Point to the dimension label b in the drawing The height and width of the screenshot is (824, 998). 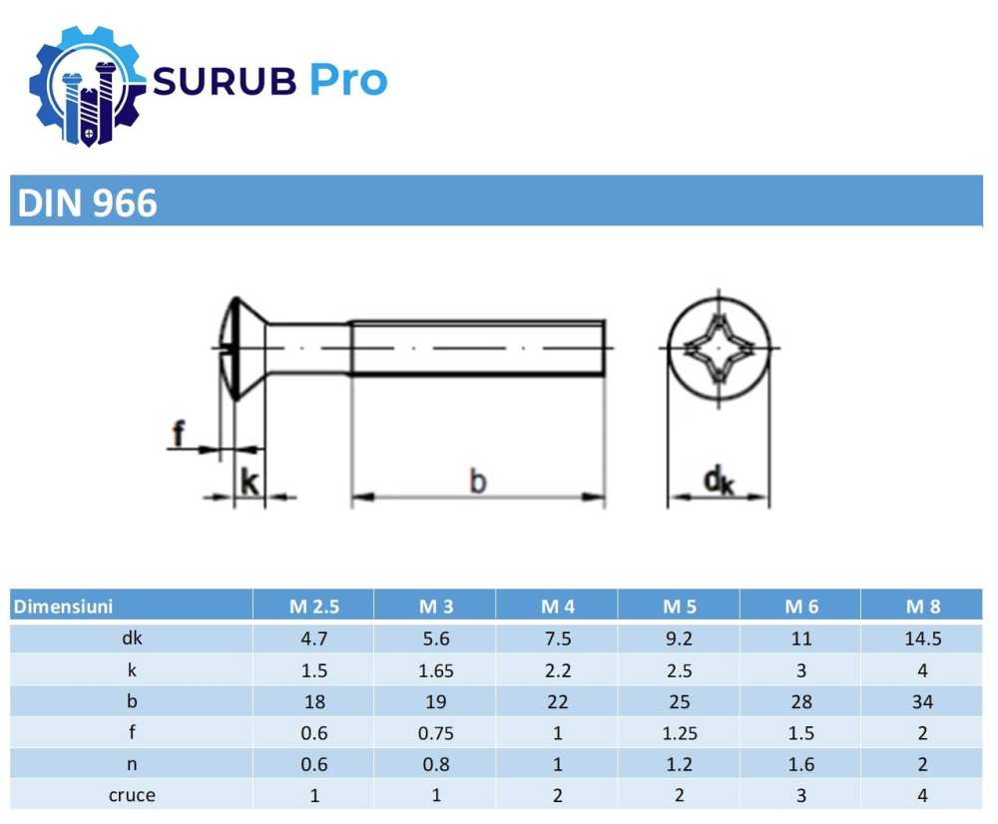click(478, 483)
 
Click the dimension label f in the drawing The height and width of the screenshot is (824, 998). click(179, 434)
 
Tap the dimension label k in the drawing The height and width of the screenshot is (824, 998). click(249, 484)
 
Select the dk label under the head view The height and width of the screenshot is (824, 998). click(718, 483)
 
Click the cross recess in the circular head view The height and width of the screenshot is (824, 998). click(718, 348)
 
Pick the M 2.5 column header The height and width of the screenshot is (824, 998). click(314, 606)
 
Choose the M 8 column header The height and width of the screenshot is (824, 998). click(922, 606)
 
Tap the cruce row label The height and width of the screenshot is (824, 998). click(132, 796)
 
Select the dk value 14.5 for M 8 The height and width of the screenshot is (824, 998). click(922, 638)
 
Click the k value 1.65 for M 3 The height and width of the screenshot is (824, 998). click(436, 670)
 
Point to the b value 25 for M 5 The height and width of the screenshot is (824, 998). click(679, 701)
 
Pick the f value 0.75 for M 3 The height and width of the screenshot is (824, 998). click(436, 733)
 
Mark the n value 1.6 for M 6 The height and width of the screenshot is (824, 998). click(800, 765)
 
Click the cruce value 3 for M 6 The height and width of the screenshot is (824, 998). click(800, 796)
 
